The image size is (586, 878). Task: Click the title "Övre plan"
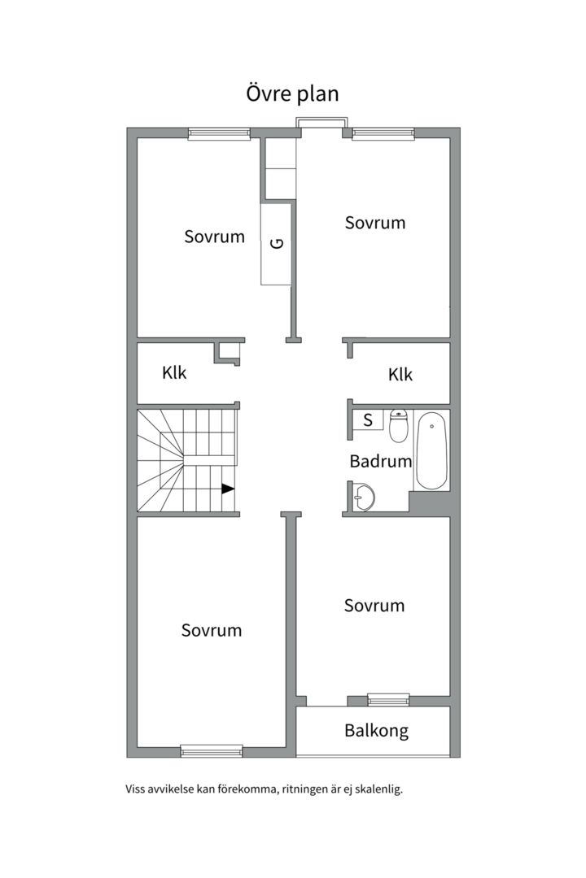[x=293, y=93]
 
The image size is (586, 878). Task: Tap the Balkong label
[x=376, y=731]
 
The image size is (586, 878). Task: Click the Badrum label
[x=381, y=461]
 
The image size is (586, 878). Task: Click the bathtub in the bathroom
[x=432, y=450]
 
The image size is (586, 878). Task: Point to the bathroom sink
[x=363, y=497]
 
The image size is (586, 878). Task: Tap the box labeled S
[x=368, y=419]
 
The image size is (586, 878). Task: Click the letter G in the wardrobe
[x=277, y=244]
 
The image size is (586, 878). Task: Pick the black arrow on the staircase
[x=228, y=489]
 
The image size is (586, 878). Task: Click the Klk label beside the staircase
[x=174, y=373]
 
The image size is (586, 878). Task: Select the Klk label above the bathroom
[x=400, y=375]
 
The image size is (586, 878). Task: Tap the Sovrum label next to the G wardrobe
[x=214, y=237]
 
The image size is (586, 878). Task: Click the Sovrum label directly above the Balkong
[x=374, y=606]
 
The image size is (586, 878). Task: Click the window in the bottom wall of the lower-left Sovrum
[x=212, y=751]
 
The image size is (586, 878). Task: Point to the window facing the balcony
[x=388, y=700]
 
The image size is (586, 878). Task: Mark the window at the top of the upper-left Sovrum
[x=219, y=133]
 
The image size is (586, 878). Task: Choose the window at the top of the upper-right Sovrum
[x=383, y=133]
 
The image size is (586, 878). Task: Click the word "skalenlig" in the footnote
[x=380, y=789]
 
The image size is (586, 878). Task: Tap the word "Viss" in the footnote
[x=135, y=789]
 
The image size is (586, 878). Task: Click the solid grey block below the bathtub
[x=430, y=502]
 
